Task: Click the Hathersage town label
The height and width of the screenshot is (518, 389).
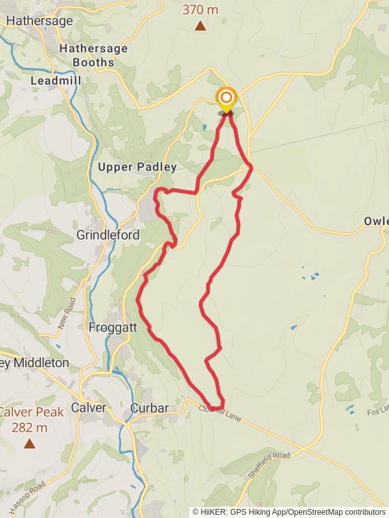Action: [40, 21]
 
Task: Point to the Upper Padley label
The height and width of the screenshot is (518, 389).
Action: [137, 167]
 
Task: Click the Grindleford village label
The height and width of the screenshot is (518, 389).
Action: [108, 235]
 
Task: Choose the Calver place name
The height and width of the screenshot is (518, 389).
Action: [88, 408]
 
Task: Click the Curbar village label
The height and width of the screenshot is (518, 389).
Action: [149, 408]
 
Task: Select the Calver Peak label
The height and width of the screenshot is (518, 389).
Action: [30, 412]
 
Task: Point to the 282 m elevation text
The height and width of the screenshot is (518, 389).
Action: [30, 427]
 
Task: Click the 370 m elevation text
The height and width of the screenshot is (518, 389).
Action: [200, 10]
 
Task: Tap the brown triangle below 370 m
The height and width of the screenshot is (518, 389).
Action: [200, 26]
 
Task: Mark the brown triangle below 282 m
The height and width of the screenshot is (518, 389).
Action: [29, 444]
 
